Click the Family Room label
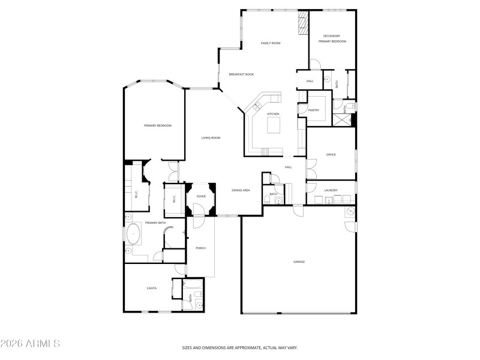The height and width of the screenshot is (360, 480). point(271,43)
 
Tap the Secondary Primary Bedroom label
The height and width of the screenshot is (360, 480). point(332,39)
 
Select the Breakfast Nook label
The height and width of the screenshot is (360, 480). point(241,74)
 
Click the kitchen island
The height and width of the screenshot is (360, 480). point(274,124)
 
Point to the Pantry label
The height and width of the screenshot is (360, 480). point(313,110)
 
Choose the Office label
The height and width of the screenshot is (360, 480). point(331,155)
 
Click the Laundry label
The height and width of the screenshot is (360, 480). point(331,191)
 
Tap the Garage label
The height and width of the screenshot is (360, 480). point(299,262)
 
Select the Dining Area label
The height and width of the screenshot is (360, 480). point(241,190)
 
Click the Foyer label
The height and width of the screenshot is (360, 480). point(201,196)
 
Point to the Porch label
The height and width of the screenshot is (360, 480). point(200,248)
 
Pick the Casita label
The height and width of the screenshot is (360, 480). point(152,289)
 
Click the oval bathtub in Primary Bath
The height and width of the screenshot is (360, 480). point(133,233)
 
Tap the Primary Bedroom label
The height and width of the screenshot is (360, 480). point(158,125)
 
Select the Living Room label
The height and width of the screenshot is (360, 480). point(211,138)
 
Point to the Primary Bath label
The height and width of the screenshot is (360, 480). point(154,223)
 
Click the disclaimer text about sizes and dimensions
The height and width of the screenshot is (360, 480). point(240,347)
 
